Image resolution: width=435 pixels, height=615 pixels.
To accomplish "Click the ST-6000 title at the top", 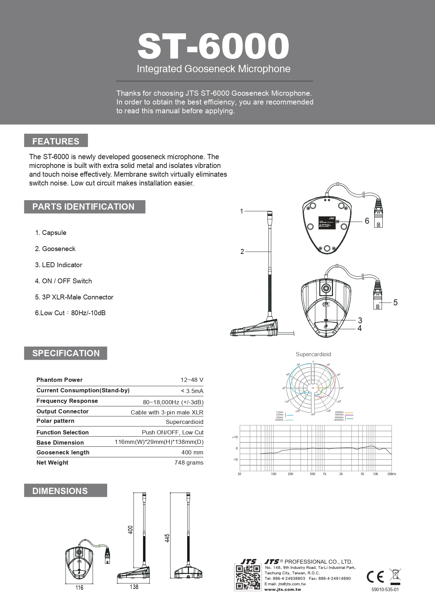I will pyautogui.click(x=213, y=46).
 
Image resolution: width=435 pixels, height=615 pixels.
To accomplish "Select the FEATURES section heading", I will pyautogui.click(x=56, y=141).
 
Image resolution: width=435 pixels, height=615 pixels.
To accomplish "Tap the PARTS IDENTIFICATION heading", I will pyautogui.click(x=83, y=207).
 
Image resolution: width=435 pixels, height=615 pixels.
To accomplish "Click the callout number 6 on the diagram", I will pyautogui.click(x=367, y=221).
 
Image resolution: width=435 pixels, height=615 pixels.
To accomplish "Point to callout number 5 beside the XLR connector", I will pyautogui.click(x=395, y=303).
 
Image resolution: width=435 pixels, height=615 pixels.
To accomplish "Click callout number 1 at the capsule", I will pyautogui.click(x=242, y=211).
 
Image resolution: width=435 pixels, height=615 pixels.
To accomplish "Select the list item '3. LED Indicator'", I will pyautogui.click(x=59, y=265).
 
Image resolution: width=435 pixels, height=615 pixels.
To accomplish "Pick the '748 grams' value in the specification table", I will pyautogui.click(x=189, y=462).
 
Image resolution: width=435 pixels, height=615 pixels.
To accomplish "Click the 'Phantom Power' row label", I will pyautogui.click(x=60, y=380).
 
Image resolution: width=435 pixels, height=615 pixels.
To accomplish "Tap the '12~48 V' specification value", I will pyautogui.click(x=192, y=380).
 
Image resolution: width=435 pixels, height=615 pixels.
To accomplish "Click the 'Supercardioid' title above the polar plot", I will pyautogui.click(x=313, y=354).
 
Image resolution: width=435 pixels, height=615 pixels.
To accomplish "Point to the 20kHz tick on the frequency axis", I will pyautogui.click(x=392, y=474).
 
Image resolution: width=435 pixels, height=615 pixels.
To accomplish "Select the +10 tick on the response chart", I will pyautogui.click(x=235, y=437).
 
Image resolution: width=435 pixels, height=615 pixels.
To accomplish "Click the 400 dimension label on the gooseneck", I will pyautogui.click(x=131, y=529).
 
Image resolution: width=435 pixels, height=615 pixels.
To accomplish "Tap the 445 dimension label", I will pyautogui.click(x=167, y=538).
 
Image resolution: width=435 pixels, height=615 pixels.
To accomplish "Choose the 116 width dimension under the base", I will pyautogui.click(x=80, y=588).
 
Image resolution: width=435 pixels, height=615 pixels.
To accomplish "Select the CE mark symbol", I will pyautogui.click(x=375, y=577).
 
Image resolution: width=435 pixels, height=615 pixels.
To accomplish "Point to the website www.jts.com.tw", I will pyautogui.click(x=283, y=589).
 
